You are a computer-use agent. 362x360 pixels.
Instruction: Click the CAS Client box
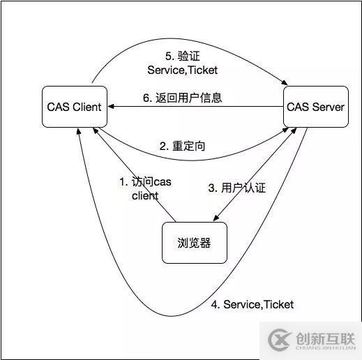[74, 107]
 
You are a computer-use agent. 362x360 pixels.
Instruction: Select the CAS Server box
[316, 107]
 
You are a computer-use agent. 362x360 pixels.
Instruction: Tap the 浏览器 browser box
[195, 243]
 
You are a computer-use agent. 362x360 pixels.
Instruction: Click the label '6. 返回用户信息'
[183, 98]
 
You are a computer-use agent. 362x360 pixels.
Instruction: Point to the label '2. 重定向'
[182, 147]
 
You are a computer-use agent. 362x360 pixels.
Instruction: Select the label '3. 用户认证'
[236, 188]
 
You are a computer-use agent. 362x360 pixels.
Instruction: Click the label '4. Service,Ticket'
[252, 304]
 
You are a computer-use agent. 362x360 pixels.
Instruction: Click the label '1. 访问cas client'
[144, 188]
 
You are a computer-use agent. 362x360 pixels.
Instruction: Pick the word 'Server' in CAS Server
[328, 107]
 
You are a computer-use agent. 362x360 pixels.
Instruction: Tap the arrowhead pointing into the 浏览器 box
[216, 219]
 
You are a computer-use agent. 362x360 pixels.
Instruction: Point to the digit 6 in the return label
[146, 98]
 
